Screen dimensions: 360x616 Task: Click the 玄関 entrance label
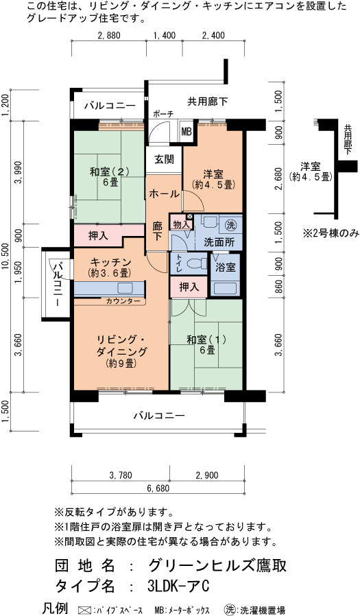coord(164,160)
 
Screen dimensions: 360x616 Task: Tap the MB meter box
coord(187,132)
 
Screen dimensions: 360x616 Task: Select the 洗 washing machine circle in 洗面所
coord(231,225)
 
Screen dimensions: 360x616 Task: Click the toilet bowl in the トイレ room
coord(195,263)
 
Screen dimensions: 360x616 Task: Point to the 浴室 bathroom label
coord(226,268)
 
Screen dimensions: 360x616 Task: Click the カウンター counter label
coord(123,301)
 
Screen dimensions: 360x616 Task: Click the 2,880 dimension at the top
coord(109,36)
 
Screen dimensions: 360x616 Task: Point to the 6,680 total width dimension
coord(158,488)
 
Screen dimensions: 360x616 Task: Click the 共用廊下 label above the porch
coord(207,102)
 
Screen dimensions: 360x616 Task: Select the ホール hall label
coord(165,193)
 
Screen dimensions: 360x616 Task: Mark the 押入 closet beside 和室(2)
coord(98,235)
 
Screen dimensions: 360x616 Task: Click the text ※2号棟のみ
coord(331,233)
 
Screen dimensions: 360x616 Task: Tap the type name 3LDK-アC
coord(178,586)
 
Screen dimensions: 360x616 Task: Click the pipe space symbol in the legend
coord(85,610)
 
